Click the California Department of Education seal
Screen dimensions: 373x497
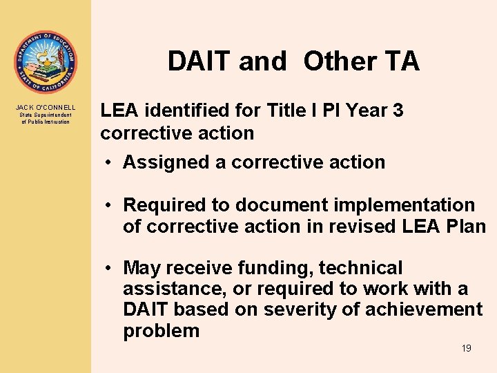click(46, 62)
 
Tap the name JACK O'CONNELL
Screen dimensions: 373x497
click(46, 108)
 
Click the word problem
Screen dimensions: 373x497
click(161, 331)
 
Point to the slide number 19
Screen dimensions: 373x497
click(467, 348)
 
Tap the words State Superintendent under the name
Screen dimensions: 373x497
click(46, 115)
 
